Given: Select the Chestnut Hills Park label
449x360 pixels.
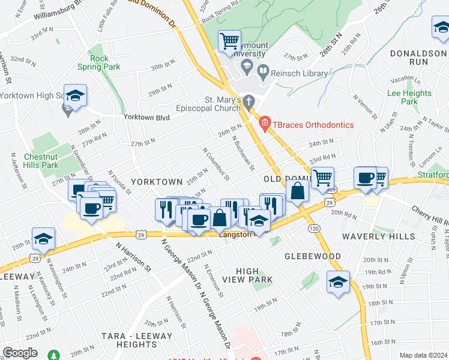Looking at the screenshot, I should point(41,161).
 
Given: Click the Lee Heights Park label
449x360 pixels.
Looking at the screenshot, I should point(409,97).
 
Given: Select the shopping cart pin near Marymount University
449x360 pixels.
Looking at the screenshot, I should point(229,41).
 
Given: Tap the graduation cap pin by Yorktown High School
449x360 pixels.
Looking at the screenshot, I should point(76,96).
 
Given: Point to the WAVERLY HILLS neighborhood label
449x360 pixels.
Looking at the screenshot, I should point(375,236).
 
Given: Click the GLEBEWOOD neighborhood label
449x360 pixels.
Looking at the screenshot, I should point(313,256).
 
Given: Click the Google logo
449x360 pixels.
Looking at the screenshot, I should point(20,353).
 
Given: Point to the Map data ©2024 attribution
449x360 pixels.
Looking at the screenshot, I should point(423,355).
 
